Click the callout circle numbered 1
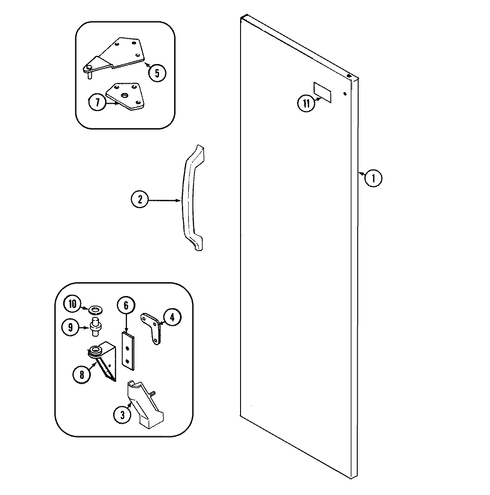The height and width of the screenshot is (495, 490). (x=373, y=179)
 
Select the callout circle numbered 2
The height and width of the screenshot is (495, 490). (x=140, y=200)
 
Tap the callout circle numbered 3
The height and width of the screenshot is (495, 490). (x=122, y=415)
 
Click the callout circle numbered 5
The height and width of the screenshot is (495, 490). (x=157, y=72)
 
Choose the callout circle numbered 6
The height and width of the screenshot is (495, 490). (x=126, y=305)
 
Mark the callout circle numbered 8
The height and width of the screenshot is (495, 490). (x=82, y=374)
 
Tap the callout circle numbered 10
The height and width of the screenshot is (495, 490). (x=72, y=305)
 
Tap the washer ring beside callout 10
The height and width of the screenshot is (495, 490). (x=95, y=308)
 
